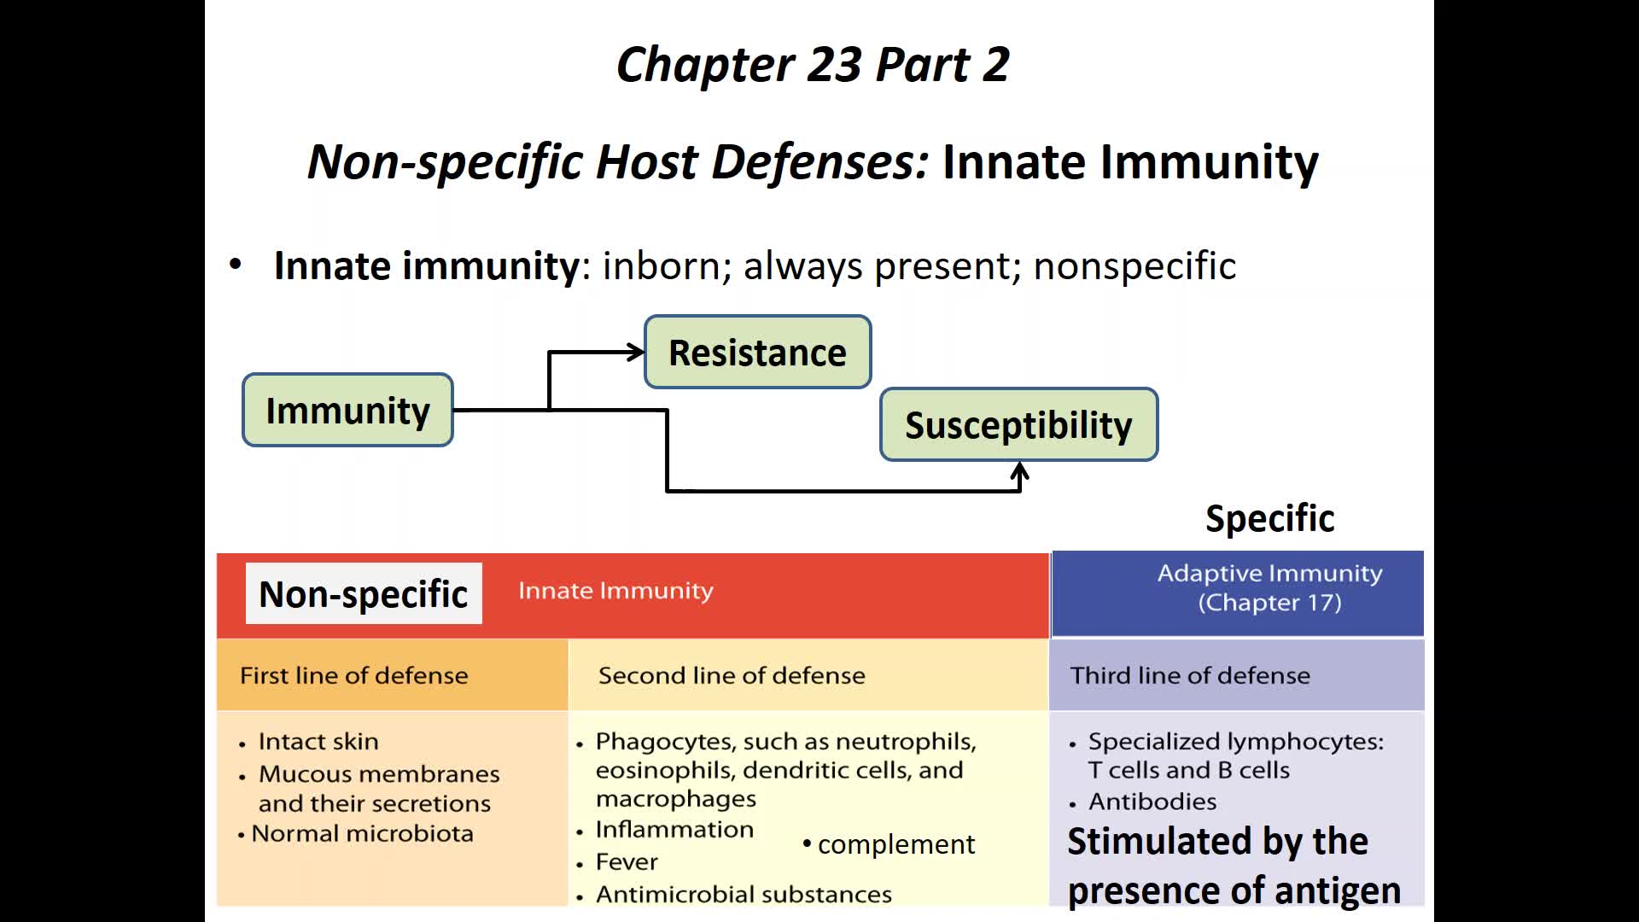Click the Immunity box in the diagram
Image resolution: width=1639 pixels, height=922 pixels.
tap(347, 411)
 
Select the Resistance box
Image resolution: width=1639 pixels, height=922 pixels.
tap(757, 353)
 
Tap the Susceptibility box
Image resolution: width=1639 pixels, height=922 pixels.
tap(1018, 425)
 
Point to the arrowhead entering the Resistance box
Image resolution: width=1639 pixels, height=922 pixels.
tap(636, 352)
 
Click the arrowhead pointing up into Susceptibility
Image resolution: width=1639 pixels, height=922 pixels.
tap(1019, 470)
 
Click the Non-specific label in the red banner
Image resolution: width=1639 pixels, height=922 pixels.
tap(364, 594)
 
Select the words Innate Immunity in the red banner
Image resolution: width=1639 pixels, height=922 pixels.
tap(615, 591)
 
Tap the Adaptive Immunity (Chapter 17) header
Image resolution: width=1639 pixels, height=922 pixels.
tap(1269, 588)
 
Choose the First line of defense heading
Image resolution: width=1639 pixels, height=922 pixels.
tap(353, 675)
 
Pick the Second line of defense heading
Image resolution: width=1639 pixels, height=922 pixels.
tap(732, 675)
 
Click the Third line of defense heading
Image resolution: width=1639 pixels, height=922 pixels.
tap(1190, 675)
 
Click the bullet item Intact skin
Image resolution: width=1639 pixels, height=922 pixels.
tap(318, 741)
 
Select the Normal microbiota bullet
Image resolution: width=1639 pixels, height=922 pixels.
tap(362, 833)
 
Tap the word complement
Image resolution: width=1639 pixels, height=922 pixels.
tap(895, 844)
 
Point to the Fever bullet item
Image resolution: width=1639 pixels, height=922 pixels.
tap(627, 862)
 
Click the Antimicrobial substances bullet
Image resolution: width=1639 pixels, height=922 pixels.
tap(744, 894)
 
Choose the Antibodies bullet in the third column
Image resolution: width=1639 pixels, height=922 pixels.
tap(1152, 802)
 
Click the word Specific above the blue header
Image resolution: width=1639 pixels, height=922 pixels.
tap(1269, 518)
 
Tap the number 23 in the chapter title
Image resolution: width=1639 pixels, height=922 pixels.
tap(834, 65)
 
